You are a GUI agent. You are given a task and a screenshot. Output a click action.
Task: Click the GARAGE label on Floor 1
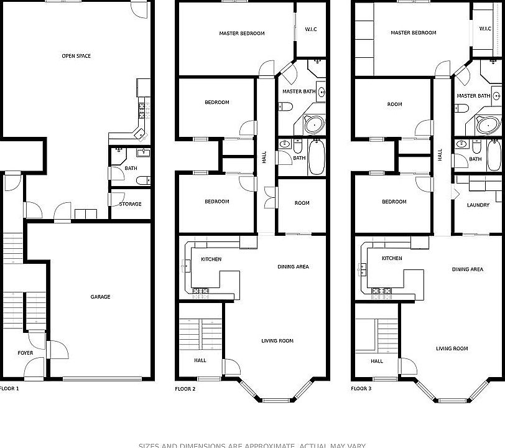point(100,297)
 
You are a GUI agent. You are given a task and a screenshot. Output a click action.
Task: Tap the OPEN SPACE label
point(76,56)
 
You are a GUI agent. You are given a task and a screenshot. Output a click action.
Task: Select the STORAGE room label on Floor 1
point(130,204)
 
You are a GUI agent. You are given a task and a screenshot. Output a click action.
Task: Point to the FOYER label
point(25,353)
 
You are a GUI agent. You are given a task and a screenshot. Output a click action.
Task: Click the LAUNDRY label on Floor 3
point(478,205)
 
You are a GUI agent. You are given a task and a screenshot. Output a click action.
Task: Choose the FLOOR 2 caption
point(185,388)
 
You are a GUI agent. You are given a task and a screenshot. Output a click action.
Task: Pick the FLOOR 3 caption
point(361,388)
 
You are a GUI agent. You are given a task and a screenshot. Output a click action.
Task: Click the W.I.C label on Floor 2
point(311,29)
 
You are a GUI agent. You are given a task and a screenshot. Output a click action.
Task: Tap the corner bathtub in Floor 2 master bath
point(314,124)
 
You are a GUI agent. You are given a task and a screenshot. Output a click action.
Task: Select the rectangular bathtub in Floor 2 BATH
point(317,157)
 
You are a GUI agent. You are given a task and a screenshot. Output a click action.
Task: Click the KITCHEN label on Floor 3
point(392,258)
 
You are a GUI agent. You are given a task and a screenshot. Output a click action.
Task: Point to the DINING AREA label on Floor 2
point(293,267)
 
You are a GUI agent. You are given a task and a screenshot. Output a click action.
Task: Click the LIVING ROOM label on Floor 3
point(452,348)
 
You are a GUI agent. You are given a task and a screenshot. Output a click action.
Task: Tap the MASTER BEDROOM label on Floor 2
point(242,33)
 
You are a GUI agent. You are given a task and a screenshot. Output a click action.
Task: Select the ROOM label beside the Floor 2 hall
point(302,203)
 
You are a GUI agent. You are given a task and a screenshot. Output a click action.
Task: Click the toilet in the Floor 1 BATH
point(142,180)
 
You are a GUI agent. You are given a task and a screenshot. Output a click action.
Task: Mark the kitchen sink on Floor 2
point(186,266)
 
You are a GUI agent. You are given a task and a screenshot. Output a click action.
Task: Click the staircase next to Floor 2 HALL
point(200,335)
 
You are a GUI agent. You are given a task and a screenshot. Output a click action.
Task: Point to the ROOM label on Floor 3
point(394,104)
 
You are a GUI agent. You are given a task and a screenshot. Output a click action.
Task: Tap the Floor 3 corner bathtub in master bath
point(489,124)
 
